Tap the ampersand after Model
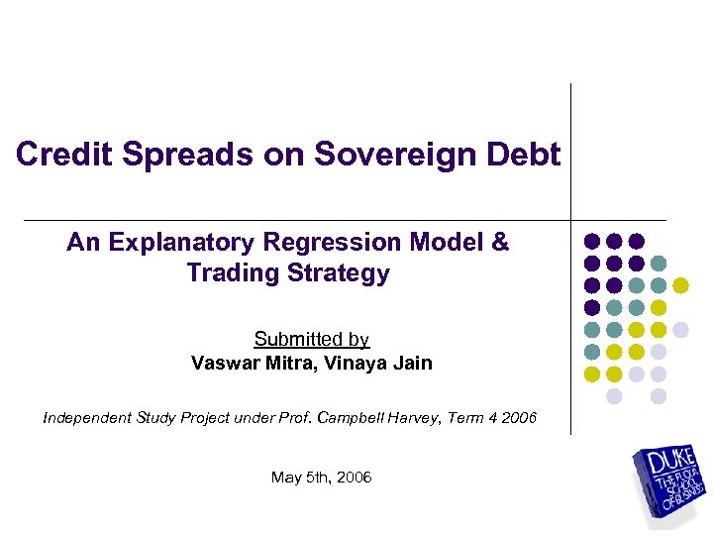click(499, 243)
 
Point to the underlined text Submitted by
click(311, 340)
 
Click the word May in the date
click(285, 478)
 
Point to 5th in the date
click(317, 478)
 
